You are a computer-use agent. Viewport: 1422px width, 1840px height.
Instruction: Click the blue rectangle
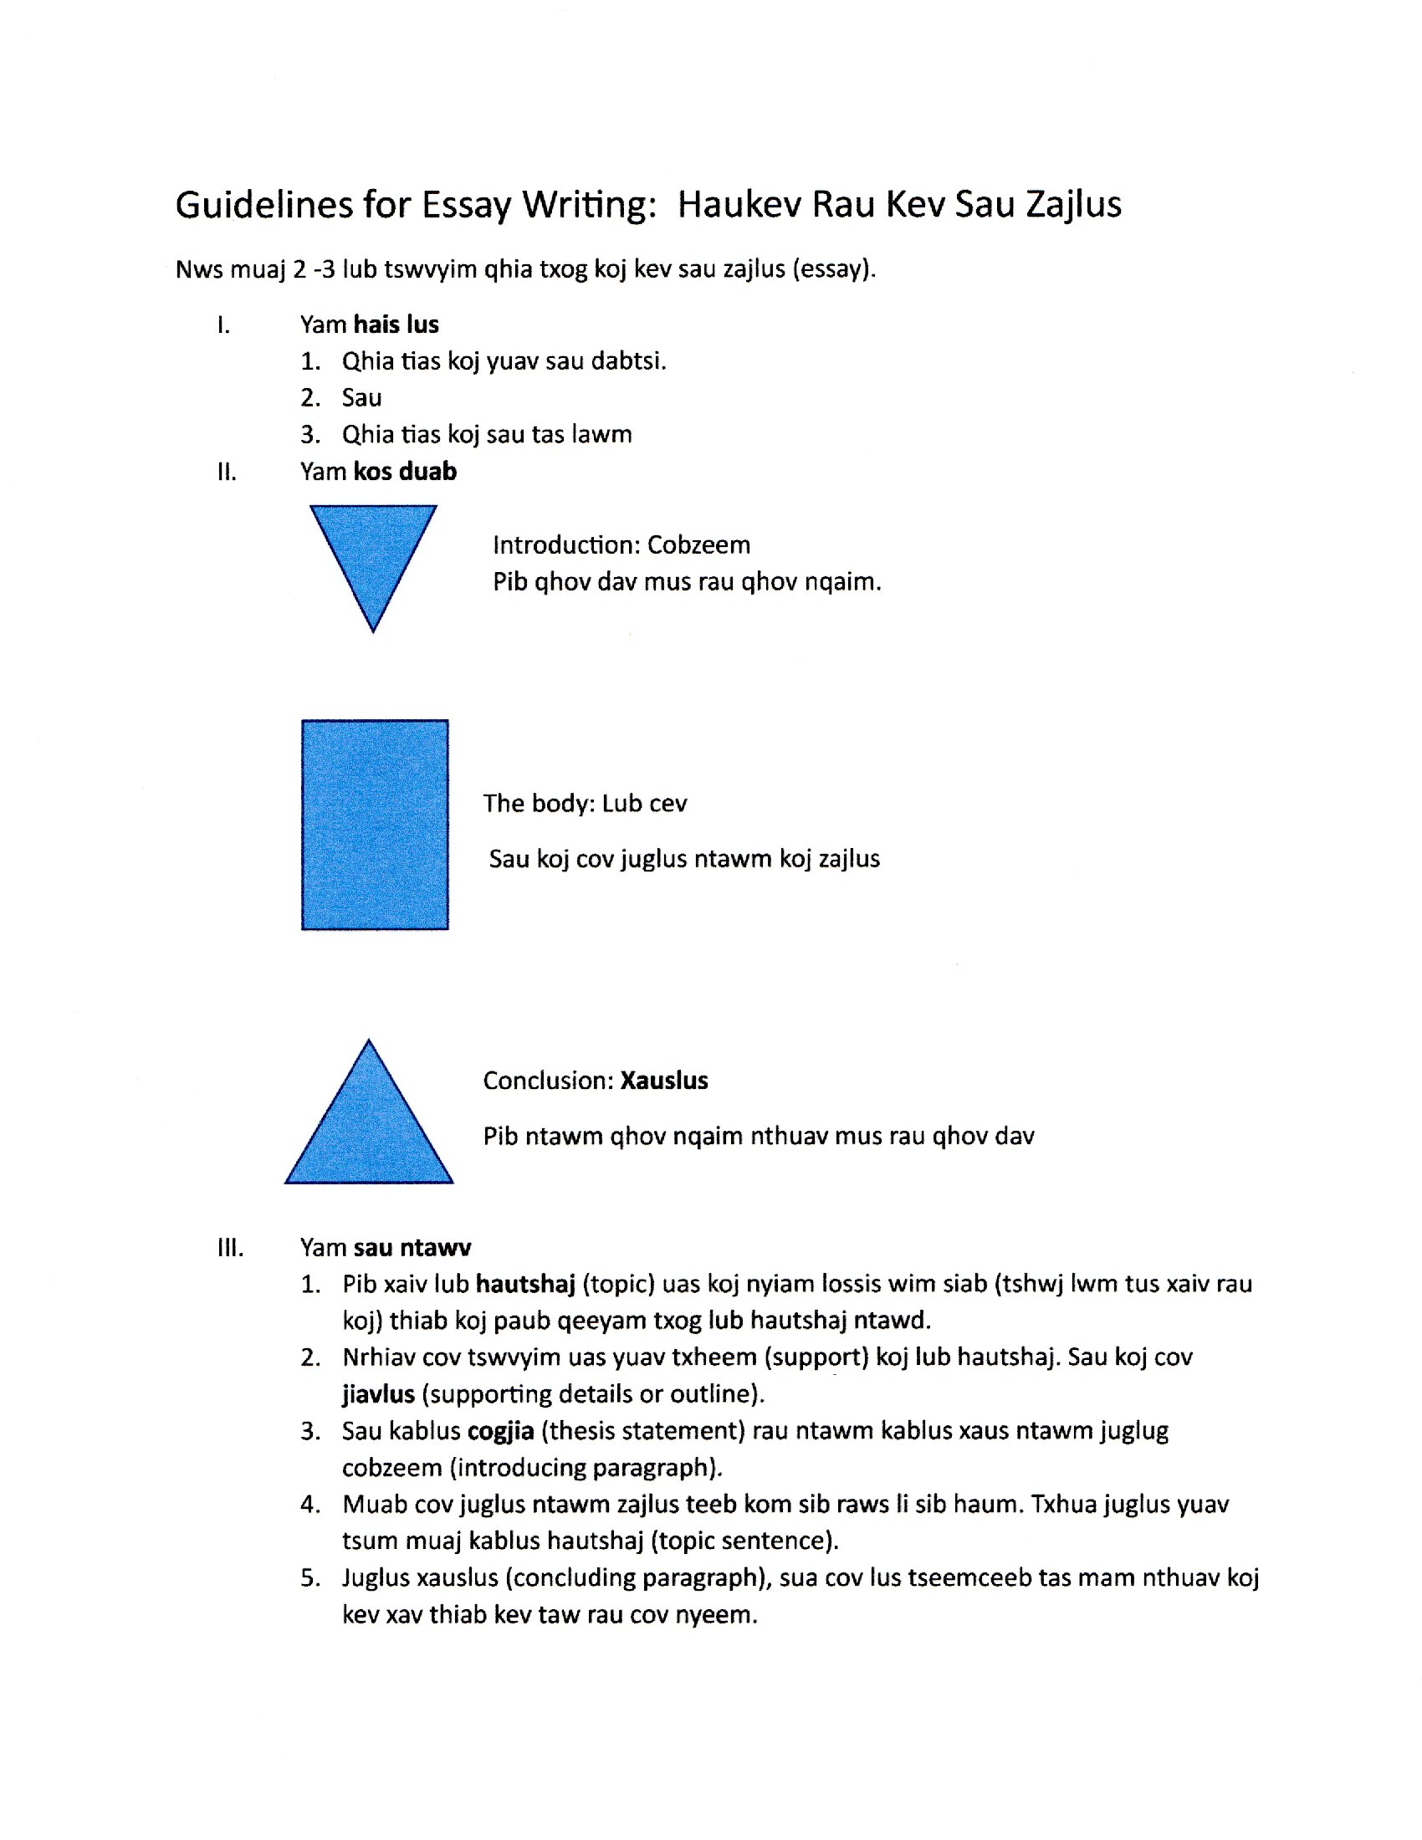[375, 825]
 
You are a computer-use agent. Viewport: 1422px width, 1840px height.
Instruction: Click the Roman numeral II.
[227, 472]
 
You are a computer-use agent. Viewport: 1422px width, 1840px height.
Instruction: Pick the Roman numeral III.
[230, 1248]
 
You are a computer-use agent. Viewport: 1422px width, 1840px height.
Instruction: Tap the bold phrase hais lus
[396, 325]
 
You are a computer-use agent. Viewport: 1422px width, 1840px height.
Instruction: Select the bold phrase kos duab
[405, 472]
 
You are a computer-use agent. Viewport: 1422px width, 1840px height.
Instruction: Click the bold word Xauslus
[664, 1081]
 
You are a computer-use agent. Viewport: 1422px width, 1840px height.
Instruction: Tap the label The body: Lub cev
[585, 804]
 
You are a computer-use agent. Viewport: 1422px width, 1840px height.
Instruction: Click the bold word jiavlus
[378, 1394]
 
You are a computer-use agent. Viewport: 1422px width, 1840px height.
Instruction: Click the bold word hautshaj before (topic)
[524, 1284]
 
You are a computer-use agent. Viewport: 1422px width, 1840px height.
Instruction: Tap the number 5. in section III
[310, 1578]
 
